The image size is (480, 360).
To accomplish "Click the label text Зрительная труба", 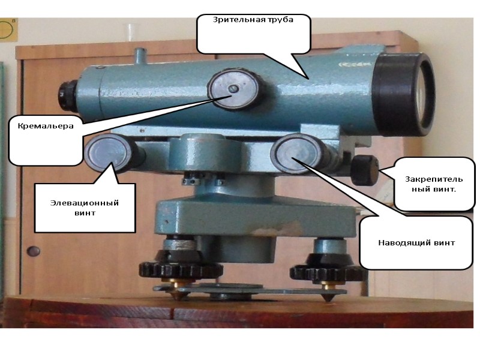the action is (253, 19).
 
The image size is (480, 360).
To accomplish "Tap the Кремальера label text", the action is (45, 126).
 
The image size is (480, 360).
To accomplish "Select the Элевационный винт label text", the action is (84, 207).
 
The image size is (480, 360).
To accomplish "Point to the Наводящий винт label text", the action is (416, 243).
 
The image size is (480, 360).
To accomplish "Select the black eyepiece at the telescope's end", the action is (65, 94).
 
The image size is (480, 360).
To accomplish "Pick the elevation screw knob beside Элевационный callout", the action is (106, 153).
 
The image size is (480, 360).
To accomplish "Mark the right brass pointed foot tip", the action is (327, 296).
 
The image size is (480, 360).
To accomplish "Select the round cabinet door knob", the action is (34, 251).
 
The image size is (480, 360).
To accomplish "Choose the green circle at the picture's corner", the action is (8, 30).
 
